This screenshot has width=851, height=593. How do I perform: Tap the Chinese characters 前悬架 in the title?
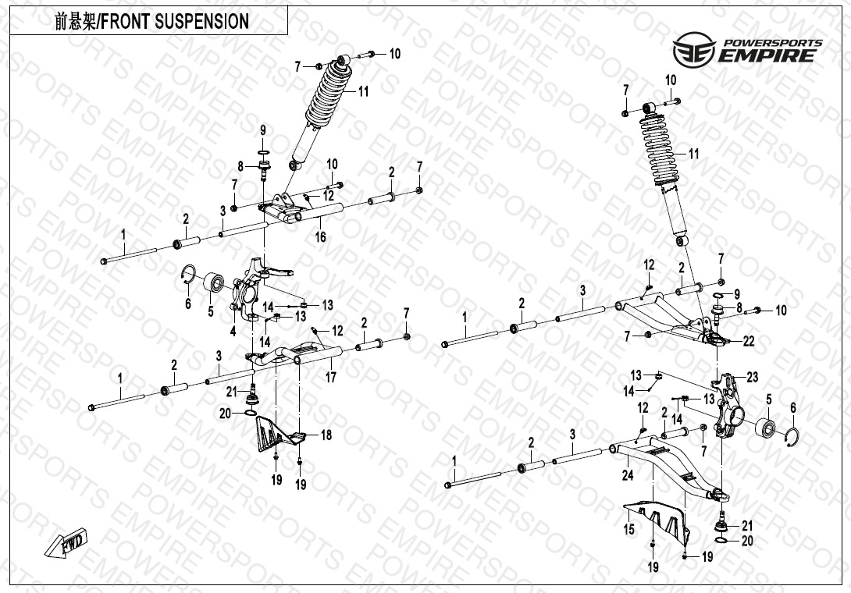(74, 21)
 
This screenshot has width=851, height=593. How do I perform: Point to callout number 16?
(320, 237)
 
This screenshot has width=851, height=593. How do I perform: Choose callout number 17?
(330, 378)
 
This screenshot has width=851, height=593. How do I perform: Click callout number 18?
(326, 435)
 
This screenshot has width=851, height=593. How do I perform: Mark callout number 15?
(628, 530)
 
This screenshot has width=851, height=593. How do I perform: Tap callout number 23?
(752, 378)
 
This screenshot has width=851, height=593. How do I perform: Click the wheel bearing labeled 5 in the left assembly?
(215, 282)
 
